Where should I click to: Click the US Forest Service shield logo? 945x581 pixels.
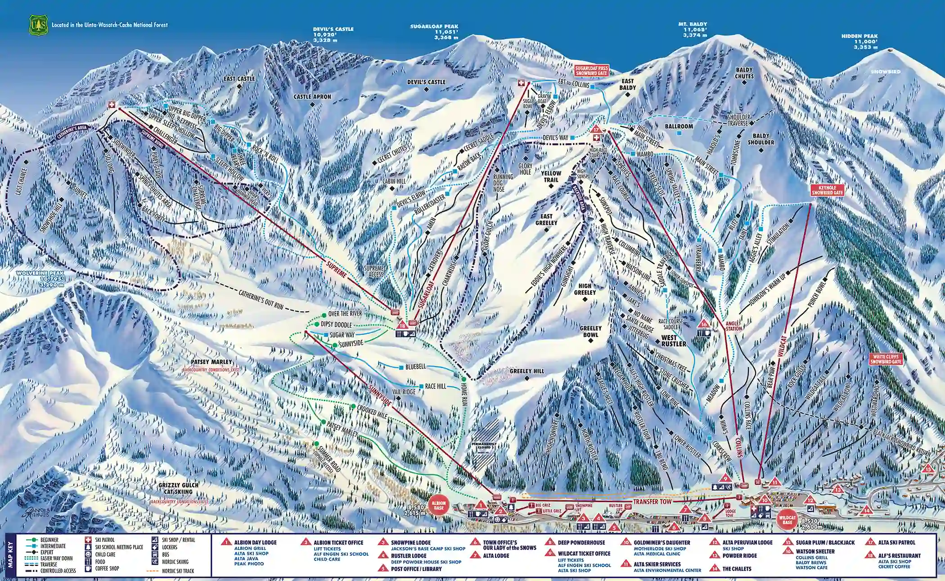(38, 25)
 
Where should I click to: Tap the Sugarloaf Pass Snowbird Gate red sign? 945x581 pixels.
(591, 71)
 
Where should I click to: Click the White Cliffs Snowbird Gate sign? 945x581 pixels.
(886, 359)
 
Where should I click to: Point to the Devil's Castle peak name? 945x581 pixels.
(333, 29)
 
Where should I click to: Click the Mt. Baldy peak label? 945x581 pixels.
(693, 24)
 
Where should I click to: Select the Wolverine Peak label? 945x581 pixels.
(40, 274)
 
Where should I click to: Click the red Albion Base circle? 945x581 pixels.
(438, 505)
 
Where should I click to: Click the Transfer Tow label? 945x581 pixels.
(652, 501)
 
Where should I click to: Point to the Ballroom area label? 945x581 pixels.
(679, 126)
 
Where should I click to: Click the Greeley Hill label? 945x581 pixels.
(526, 371)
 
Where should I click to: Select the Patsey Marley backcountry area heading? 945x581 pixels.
(211, 362)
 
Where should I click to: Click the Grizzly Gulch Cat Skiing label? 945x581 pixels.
(178, 488)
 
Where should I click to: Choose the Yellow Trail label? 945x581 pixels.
(551, 176)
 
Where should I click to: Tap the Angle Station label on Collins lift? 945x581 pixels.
(733, 326)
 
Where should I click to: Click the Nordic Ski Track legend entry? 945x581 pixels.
(178, 571)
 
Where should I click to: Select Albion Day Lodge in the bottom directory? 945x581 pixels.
(255, 542)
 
